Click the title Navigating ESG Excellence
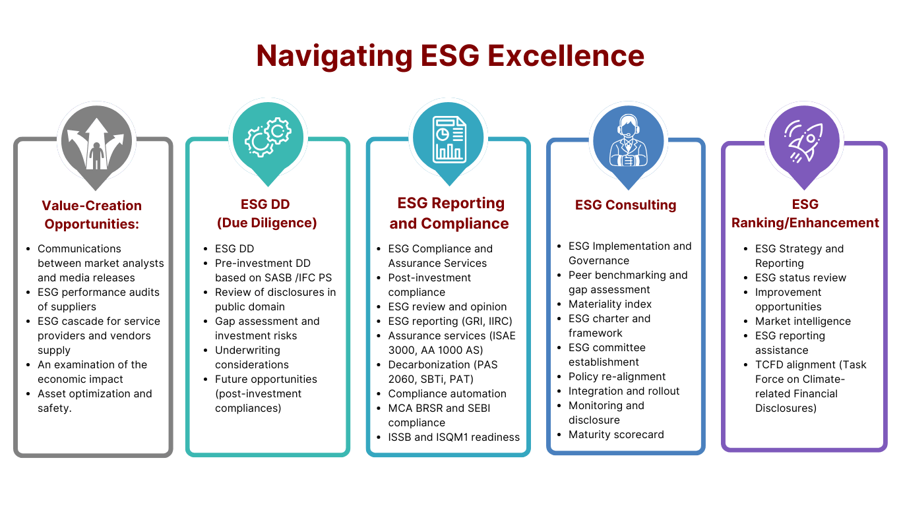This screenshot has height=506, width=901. pos(450,56)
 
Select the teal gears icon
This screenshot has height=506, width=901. pos(268,138)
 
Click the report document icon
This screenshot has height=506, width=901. pos(449,140)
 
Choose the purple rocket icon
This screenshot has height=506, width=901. pos(803,140)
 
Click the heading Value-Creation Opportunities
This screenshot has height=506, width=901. pos(92,214)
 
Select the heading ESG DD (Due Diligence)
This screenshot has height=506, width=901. pos(266,213)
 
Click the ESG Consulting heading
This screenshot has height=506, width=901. pos(625,205)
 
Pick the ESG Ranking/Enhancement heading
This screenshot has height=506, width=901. pos(805,213)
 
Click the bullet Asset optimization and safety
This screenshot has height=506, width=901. pos(94,401)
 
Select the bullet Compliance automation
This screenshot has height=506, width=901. pos(447,393)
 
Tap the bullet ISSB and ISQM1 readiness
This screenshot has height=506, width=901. pos(453,437)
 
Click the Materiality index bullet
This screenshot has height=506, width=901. pos(609,304)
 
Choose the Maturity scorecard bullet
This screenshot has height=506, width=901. pos(615,434)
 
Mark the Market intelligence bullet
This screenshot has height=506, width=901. pos(803,321)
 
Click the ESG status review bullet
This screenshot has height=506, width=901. pos(800,277)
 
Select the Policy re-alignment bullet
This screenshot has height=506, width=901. pos(617,376)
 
